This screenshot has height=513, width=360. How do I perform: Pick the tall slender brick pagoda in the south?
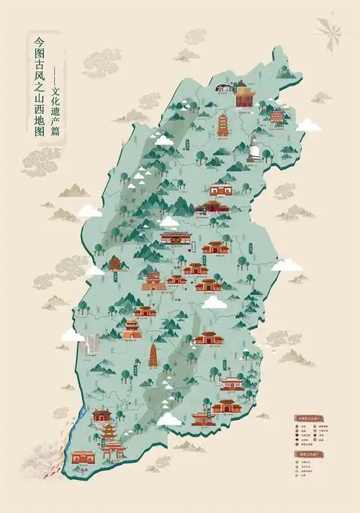pos(153,355)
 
